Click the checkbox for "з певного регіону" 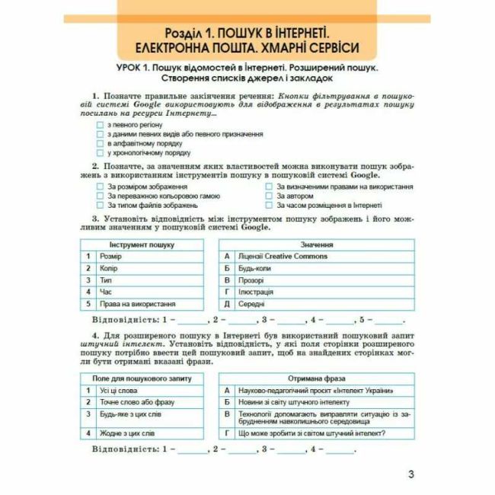[101, 124]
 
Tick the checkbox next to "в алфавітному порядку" [101, 143]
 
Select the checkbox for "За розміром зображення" [101, 187]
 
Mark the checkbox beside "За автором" [270, 196]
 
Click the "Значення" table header [316, 244]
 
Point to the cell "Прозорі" [251, 280]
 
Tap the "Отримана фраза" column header [316, 378]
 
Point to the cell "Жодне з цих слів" [127, 433]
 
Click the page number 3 [411, 476]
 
